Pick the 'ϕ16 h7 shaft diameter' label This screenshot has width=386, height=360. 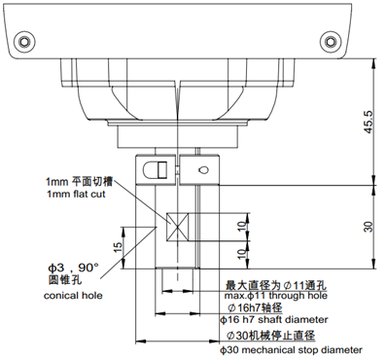(281, 319)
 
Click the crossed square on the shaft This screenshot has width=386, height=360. (177, 225)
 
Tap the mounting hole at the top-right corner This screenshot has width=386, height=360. (327, 40)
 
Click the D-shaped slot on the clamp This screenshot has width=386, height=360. (154, 169)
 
